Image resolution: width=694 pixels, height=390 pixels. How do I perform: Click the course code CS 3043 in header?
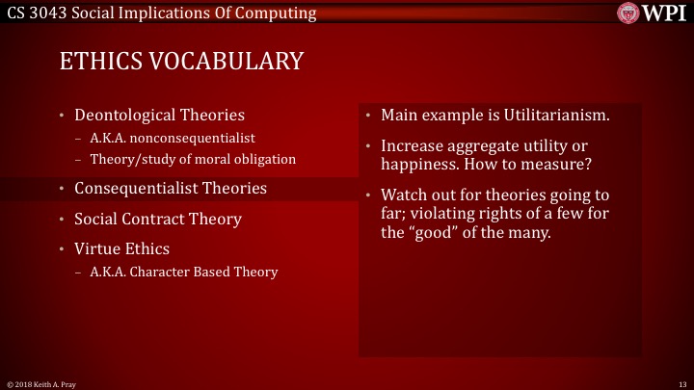tap(39, 13)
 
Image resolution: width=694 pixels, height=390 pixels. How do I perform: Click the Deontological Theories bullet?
tap(159, 116)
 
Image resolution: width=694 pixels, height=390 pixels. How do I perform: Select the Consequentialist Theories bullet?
tap(171, 188)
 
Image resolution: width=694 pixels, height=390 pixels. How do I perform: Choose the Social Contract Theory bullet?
tap(158, 219)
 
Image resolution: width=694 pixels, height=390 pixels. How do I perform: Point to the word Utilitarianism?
tap(554, 116)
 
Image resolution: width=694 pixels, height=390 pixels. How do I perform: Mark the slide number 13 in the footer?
tap(681, 383)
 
